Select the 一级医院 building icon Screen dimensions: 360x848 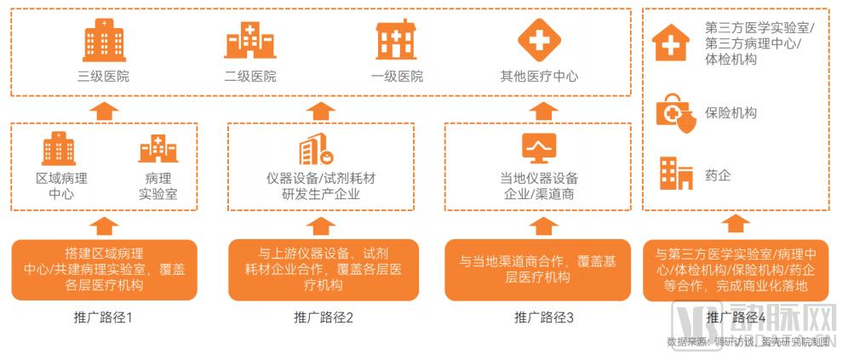point(397,40)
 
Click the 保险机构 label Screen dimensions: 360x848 point(731,112)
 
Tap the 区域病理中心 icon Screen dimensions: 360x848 point(61,149)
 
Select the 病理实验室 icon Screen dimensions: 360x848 point(158,149)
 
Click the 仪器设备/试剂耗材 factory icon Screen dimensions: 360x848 point(317,150)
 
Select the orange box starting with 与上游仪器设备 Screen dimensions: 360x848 point(324,270)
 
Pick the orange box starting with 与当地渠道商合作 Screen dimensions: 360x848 point(539,270)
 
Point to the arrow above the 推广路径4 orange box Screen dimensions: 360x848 point(738,224)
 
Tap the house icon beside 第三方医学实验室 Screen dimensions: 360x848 point(672,41)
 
